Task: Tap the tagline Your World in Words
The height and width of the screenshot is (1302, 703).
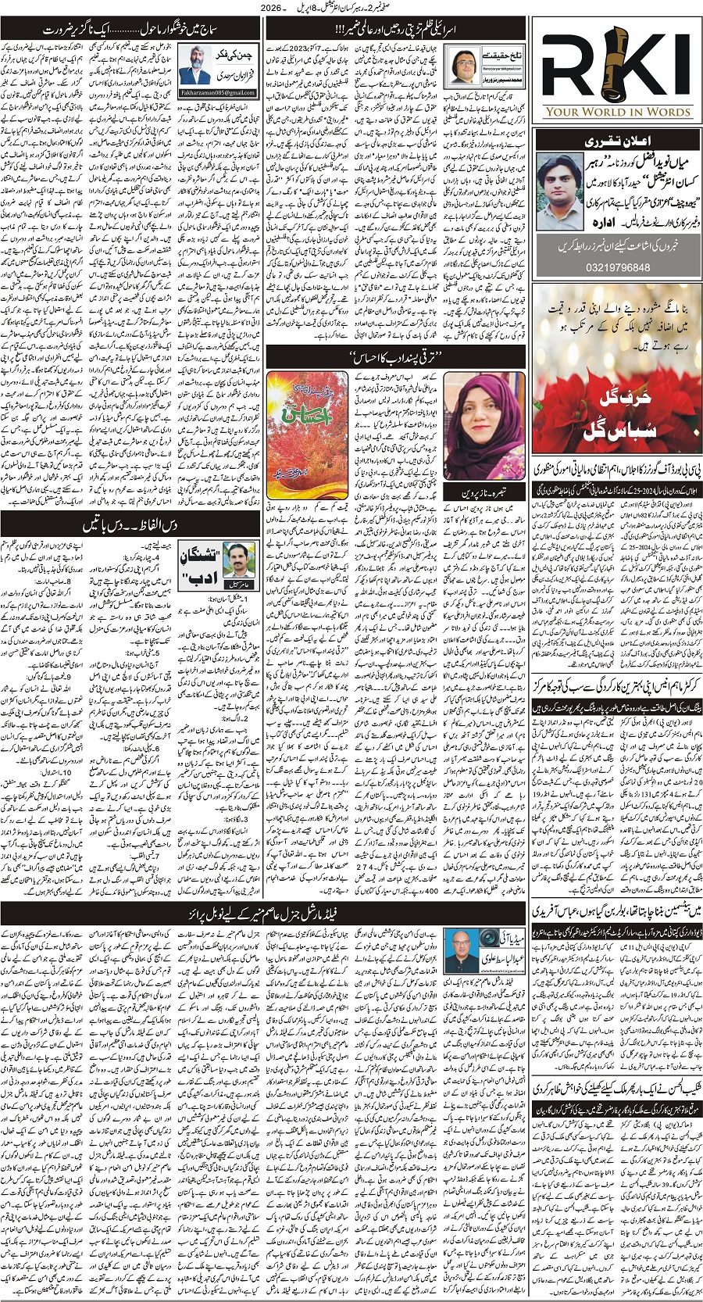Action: point(617,112)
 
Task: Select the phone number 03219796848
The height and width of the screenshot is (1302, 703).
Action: point(617,267)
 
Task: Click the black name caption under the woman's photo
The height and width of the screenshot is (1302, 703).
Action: point(483,495)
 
